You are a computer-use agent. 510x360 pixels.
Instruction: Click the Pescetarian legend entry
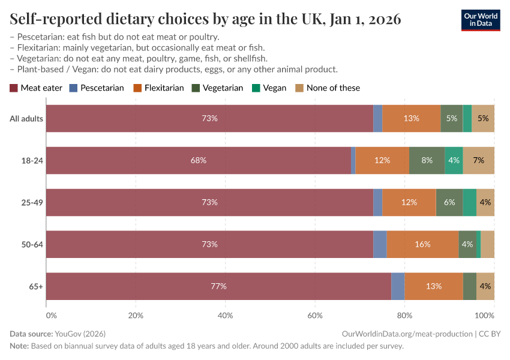(97, 88)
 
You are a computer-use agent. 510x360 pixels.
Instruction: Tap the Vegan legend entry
(269, 88)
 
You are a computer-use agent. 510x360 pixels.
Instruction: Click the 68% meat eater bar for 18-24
(199, 160)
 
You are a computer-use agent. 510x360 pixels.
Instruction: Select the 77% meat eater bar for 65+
(218, 286)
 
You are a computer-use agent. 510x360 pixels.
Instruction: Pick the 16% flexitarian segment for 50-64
(422, 244)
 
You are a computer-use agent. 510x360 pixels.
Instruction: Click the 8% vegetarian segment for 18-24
(427, 160)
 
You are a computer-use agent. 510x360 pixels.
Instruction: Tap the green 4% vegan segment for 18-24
(454, 160)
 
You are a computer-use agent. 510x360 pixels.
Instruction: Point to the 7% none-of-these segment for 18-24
(478, 160)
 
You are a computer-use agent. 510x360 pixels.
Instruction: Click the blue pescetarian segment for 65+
(398, 286)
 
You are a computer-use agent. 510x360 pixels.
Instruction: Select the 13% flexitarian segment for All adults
(411, 118)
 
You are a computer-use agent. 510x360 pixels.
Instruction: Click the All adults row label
(26, 118)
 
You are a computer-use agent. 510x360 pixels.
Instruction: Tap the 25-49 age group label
(32, 202)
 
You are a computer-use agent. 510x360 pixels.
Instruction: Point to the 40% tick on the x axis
(225, 315)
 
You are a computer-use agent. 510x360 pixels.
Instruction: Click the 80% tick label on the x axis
(404, 315)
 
